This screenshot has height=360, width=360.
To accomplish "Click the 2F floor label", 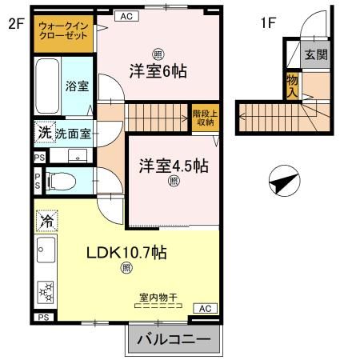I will [16, 23].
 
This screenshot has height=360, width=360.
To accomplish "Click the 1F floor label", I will [268, 23].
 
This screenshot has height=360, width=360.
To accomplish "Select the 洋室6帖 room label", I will [158, 71].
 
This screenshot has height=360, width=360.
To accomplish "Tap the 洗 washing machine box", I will [43, 132].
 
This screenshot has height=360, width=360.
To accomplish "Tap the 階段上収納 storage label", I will [203, 118].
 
